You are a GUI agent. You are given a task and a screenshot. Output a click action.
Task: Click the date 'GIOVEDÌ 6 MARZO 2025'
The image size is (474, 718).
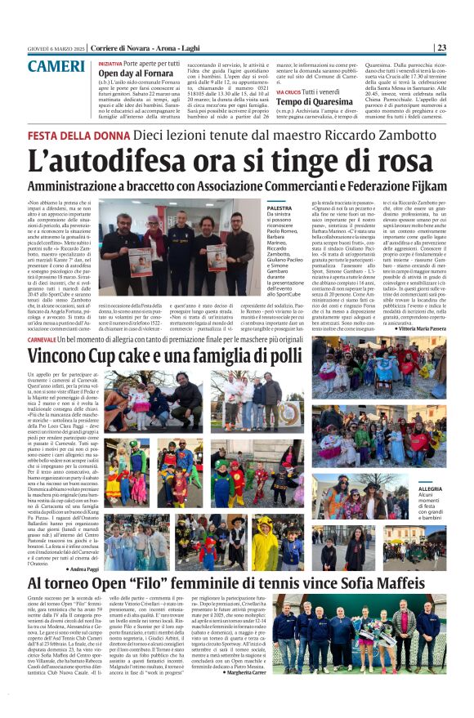56,47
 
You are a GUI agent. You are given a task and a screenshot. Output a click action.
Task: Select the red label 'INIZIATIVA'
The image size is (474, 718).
111,62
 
